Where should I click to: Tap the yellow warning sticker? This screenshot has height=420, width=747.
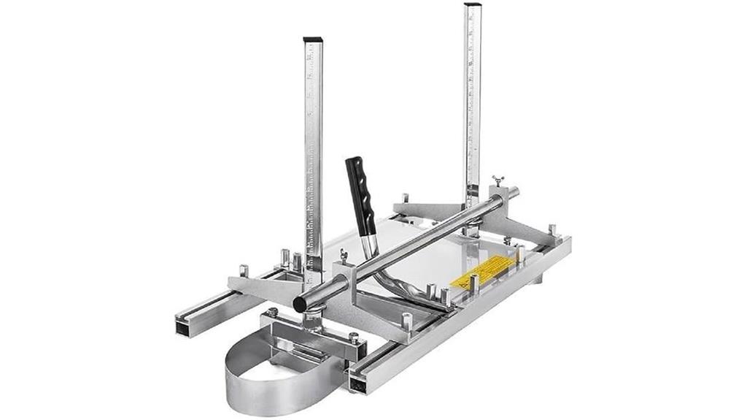[x=479, y=272]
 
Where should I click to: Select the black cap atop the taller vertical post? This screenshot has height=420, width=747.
[x=473, y=6]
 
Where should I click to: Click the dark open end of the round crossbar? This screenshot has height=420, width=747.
[x=300, y=303]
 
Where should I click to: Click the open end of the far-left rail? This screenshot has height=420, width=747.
[x=182, y=327]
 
